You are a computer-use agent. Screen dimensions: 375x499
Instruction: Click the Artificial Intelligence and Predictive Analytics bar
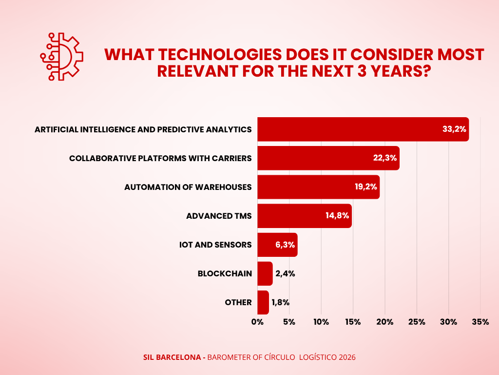[x=363, y=129]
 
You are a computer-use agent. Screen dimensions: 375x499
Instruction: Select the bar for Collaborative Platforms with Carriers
[x=328, y=158]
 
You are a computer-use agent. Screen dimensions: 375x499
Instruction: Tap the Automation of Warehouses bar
[x=318, y=187]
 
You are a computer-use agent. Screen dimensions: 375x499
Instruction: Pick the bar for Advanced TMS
[x=304, y=216]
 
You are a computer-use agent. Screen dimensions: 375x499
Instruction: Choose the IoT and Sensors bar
[x=277, y=245]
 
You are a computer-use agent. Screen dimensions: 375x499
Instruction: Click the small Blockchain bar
[x=265, y=273]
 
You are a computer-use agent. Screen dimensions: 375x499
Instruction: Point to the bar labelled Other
[x=263, y=302]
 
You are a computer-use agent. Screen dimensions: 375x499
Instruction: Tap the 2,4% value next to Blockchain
[x=285, y=273]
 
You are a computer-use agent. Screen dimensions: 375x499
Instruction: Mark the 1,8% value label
[x=281, y=302]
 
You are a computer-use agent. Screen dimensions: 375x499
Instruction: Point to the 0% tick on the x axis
[x=257, y=322]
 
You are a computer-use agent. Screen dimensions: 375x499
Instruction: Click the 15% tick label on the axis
[x=353, y=322]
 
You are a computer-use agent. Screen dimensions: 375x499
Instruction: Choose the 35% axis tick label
[x=480, y=322]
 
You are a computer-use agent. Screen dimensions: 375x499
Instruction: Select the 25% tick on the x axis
[x=417, y=322]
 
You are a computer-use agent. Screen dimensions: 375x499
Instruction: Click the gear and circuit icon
[x=61, y=57]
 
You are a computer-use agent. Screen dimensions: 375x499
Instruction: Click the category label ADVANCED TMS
[x=219, y=216]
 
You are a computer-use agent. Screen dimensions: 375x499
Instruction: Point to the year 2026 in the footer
[x=346, y=357]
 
